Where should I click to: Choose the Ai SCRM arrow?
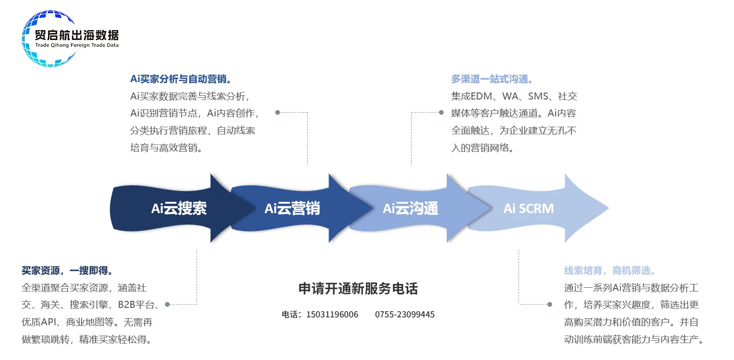coord(528,208)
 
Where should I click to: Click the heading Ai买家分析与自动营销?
coord(181,79)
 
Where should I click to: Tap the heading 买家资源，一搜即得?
coord(67,271)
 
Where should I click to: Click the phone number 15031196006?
coord(332,314)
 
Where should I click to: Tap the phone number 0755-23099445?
coord(405,314)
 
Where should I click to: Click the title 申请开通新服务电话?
coord(358,289)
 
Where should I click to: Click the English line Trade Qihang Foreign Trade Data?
coord(77,45)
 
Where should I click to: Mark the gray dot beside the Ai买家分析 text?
coord(277,113)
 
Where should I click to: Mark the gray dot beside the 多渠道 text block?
coord(441,113)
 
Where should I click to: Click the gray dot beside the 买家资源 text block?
coord(167,305)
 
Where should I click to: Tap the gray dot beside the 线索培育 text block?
coord(550,305)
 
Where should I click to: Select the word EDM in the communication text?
coord(481,96)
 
